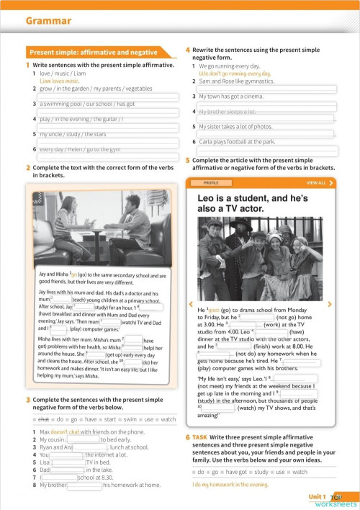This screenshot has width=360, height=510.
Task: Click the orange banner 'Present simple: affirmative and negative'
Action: point(93,53)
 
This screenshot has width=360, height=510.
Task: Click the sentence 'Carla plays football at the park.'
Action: point(237,142)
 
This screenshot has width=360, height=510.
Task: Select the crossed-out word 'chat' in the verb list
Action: point(43,419)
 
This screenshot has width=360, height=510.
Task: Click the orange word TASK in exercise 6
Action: point(199,437)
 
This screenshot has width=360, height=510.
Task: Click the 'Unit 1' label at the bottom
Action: point(317,497)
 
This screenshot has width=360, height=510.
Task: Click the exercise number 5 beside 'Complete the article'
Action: point(188,160)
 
